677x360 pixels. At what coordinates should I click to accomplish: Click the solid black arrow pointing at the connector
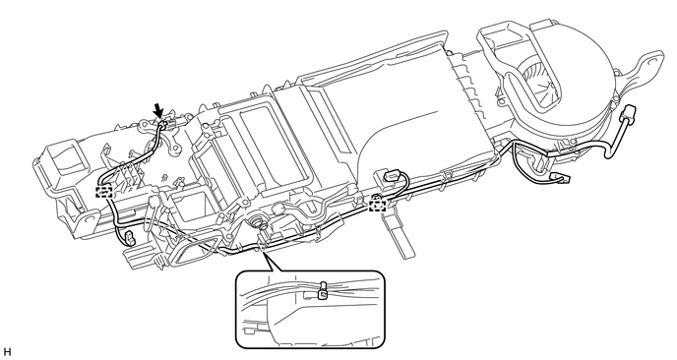(x=158, y=110)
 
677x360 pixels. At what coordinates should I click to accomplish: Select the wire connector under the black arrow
(x=164, y=126)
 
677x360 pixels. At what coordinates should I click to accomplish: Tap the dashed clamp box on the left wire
(x=104, y=192)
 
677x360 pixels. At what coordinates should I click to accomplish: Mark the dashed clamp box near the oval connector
(x=377, y=205)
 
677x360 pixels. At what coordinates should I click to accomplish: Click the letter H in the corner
(x=7, y=352)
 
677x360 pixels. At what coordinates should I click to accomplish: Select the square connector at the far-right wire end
(x=627, y=115)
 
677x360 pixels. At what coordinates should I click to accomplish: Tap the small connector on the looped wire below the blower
(x=561, y=177)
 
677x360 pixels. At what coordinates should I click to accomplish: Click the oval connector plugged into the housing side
(x=390, y=176)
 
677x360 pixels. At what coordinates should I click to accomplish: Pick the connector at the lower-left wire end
(x=129, y=238)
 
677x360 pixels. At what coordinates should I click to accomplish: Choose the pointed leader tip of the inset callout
(x=263, y=252)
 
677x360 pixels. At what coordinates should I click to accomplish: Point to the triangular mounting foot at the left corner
(x=87, y=221)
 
